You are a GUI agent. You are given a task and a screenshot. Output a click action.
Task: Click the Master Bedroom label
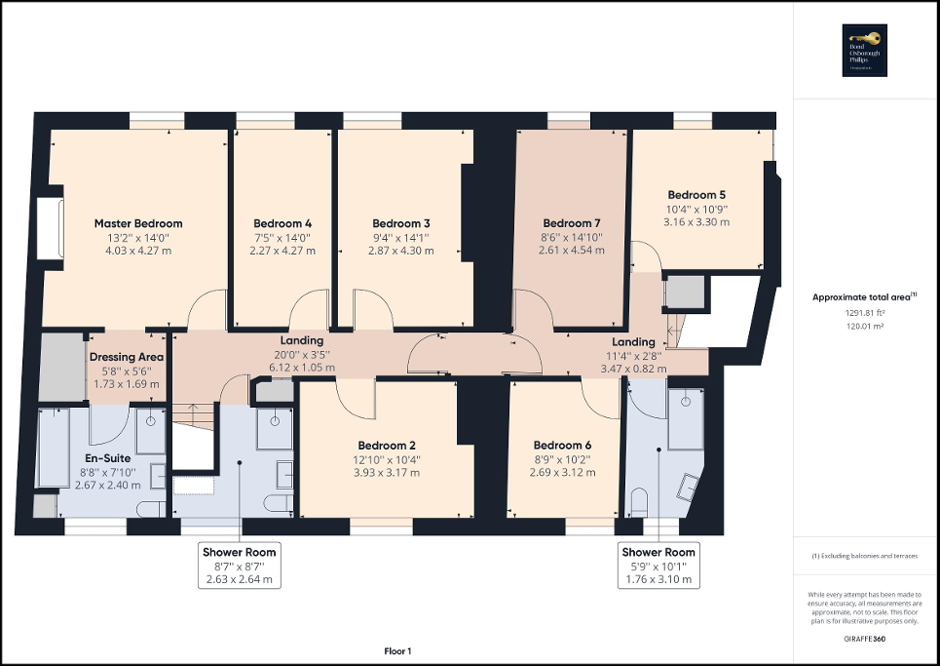[138, 223]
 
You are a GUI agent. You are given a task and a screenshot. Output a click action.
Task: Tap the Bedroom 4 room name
[282, 223]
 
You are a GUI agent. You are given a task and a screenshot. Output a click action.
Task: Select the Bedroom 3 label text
[401, 223]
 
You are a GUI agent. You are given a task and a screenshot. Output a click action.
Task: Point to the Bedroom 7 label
[572, 223]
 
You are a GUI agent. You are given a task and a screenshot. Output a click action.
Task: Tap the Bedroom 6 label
[563, 446]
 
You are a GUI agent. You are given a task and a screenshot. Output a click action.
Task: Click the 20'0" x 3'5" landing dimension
[302, 355]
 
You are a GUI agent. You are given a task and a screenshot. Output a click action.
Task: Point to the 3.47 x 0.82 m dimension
[633, 370]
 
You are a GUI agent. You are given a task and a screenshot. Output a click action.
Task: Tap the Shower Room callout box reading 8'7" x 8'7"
[239, 566]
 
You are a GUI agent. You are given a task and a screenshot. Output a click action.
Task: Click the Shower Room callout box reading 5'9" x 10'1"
[659, 566]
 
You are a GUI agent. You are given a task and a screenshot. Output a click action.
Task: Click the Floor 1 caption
[397, 650]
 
